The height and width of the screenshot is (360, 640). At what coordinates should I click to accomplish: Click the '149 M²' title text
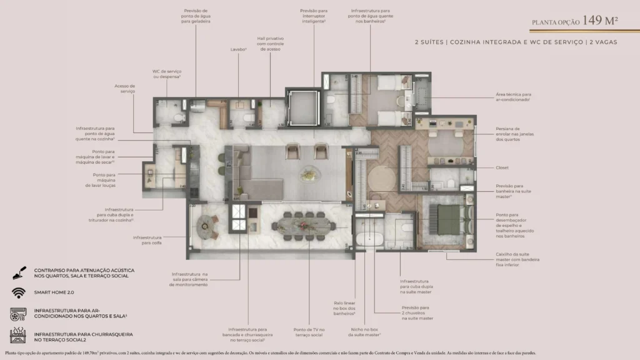[600, 21]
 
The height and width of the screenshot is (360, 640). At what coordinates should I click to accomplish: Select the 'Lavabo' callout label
[237, 49]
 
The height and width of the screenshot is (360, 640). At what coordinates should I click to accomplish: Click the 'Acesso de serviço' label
[124, 89]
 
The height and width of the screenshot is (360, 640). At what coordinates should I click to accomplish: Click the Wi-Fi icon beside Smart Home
[17, 292]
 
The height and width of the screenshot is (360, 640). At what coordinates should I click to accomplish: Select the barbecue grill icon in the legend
[17, 336]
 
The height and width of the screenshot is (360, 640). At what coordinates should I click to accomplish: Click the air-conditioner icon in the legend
[17, 313]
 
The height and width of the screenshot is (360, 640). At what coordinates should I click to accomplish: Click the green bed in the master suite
[447, 218]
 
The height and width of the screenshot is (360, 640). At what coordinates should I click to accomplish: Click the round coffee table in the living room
[307, 174]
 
